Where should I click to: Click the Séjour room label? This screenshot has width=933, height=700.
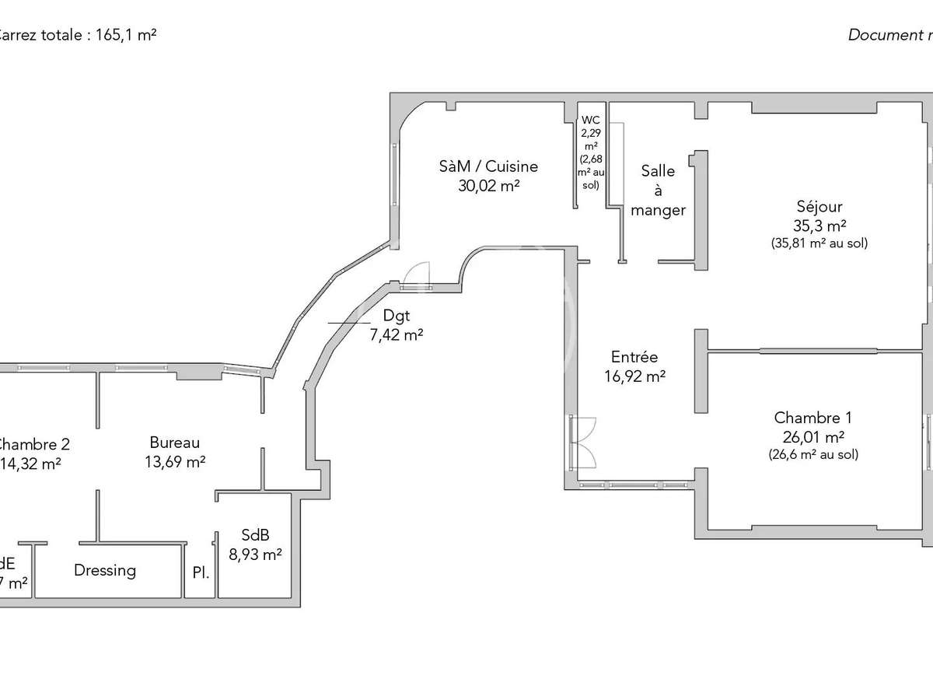(x=819, y=207)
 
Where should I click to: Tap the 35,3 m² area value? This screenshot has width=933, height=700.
(x=819, y=226)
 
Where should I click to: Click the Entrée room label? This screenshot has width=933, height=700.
(x=634, y=358)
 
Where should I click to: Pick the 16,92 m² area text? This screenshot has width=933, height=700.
(x=634, y=377)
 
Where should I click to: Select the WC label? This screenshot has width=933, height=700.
(x=591, y=121)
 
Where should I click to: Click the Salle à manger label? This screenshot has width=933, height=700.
(x=658, y=191)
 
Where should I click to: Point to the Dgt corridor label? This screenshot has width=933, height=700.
(x=395, y=316)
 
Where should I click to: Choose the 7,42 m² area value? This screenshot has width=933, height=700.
(x=397, y=335)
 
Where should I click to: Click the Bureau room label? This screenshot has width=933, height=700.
(x=175, y=443)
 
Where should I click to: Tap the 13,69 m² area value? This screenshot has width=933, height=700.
(x=175, y=462)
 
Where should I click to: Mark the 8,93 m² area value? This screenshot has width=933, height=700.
(x=255, y=555)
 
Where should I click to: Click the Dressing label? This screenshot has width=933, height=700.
(x=105, y=570)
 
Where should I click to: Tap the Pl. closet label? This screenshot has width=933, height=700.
(x=201, y=573)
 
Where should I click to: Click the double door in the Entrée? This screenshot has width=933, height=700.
(x=583, y=442)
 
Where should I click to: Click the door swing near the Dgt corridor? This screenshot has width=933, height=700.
(x=418, y=274)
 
